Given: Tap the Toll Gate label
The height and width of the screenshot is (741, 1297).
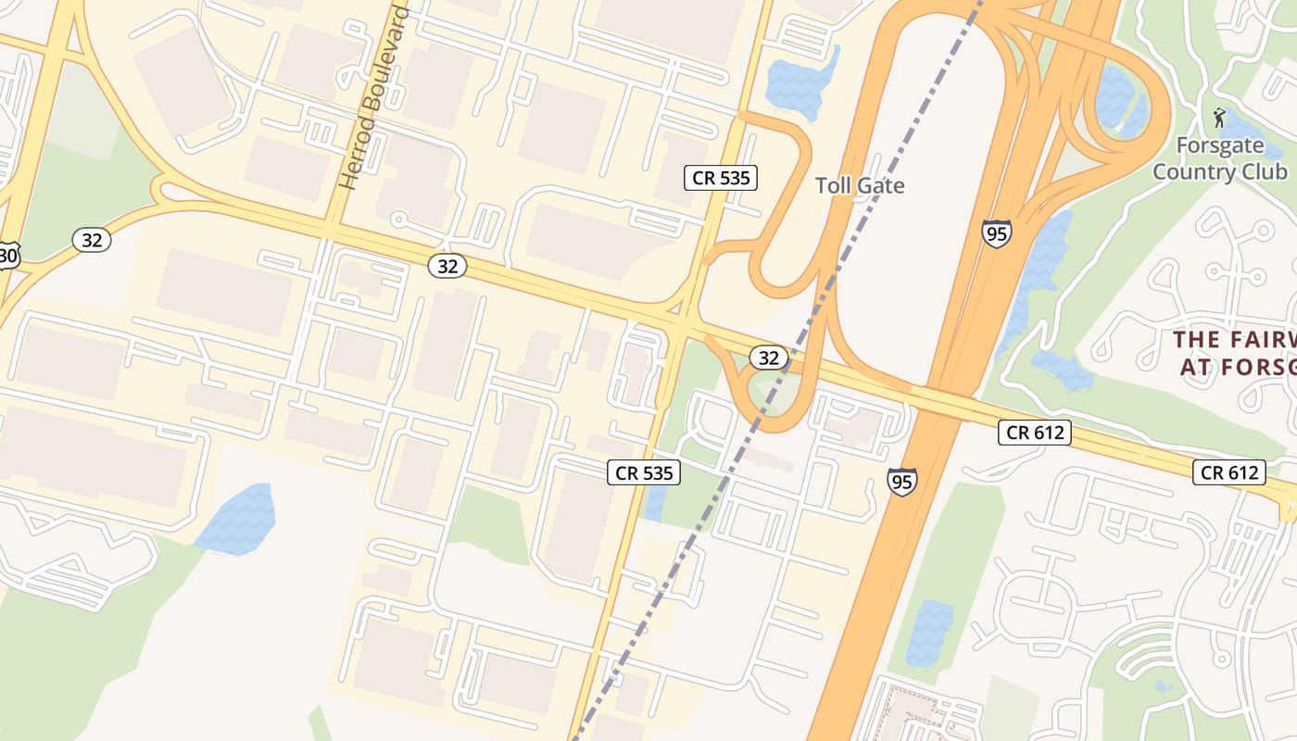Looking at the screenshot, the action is click(x=860, y=185).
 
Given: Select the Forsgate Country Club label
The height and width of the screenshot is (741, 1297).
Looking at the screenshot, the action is click(x=1219, y=158).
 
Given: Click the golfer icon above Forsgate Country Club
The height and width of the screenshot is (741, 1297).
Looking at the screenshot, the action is click(x=1219, y=118).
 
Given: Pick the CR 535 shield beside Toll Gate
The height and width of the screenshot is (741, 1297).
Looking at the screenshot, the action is click(x=721, y=177).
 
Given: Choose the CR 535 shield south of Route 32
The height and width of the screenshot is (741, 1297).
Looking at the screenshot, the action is click(x=645, y=472).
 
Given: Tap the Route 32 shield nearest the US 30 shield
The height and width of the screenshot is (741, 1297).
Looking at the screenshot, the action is click(x=92, y=240).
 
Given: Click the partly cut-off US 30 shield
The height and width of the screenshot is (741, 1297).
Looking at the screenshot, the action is click(x=7, y=255).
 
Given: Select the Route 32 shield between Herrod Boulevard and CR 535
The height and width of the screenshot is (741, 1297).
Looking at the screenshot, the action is click(x=447, y=266).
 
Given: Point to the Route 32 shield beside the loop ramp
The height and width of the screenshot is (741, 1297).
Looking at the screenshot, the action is click(x=768, y=358).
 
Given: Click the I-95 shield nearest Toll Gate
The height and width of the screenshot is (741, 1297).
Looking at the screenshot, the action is click(x=997, y=232).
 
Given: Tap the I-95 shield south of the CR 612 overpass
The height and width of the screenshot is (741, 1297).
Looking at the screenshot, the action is click(x=901, y=481).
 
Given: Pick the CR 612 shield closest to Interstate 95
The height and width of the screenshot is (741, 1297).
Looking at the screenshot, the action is click(x=1035, y=432).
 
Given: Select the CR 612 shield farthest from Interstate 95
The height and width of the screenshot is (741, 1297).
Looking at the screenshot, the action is click(x=1228, y=472).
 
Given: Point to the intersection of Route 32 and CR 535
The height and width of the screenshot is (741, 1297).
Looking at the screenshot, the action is click(x=682, y=327).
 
